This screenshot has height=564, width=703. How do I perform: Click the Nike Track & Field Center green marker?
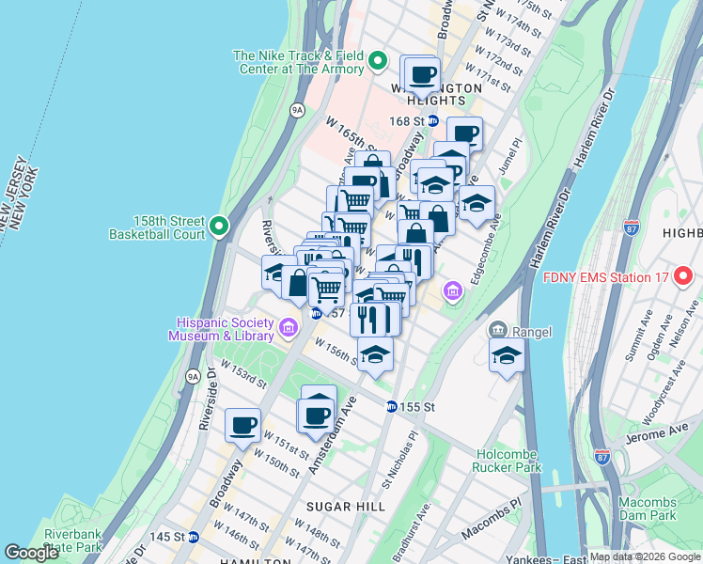pyautogui.click(x=378, y=63)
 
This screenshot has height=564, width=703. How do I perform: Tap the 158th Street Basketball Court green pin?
pyautogui.click(x=219, y=226)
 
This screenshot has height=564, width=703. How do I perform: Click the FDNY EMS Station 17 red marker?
pyautogui.click(x=687, y=277)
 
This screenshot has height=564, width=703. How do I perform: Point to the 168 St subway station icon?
pyautogui.click(x=433, y=120)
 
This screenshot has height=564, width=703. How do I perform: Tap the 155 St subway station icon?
pyautogui.click(x=391, y=407)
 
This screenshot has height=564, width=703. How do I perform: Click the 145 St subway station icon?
pyautogui.click(x=193, y=537)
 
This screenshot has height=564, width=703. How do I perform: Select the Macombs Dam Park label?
pyautogui.click(x=647, y=509)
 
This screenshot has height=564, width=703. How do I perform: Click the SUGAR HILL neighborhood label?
pyautogui.click(x=348, y=506)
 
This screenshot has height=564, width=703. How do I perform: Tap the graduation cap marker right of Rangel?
pyautogui.click(x=507, y=356)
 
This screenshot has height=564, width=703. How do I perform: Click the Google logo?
pyautogui.click(x=31, y=553)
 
